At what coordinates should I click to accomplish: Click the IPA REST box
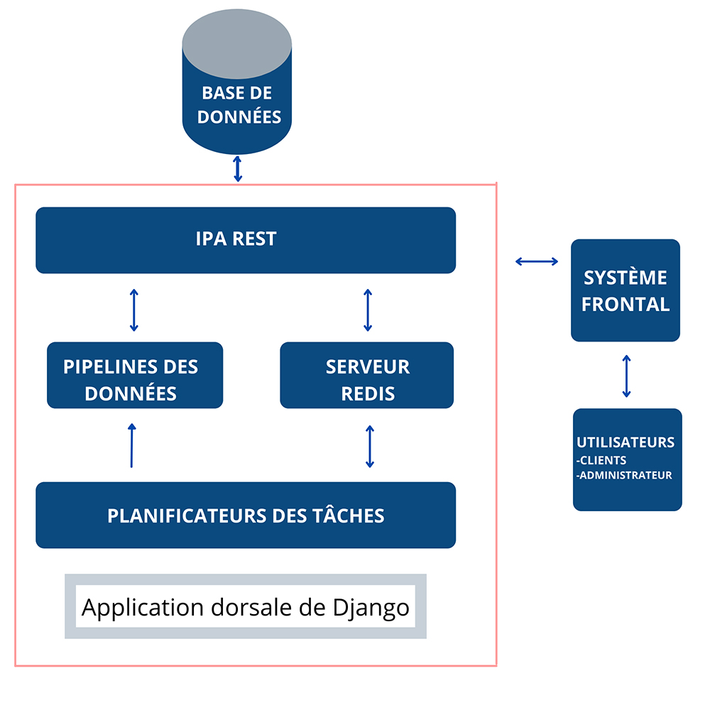(245, 240)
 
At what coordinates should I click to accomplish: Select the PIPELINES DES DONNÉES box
(135, 376)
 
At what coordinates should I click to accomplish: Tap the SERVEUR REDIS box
(366, 376)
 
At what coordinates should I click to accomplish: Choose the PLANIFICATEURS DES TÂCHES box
(245, 515)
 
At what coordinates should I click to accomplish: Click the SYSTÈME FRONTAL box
(626, 290)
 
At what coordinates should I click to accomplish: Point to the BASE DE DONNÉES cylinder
(237, 106)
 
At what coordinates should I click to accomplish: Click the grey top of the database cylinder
(237, 38)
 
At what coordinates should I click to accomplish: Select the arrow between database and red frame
(238, 168)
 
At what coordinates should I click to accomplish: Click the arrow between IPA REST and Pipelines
(133, 310)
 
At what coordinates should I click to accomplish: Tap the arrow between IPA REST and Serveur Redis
(367, 310)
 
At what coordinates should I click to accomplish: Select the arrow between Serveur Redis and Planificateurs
(369, 446)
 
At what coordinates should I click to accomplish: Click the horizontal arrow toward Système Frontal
(537, 262)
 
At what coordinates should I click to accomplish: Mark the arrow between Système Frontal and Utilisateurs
(626, 376)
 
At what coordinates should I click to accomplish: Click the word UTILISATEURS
(626, 442)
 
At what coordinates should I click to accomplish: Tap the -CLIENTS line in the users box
(601, 460)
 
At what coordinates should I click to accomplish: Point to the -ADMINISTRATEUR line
(624, 475)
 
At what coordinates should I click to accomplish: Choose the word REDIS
(368, 393)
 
